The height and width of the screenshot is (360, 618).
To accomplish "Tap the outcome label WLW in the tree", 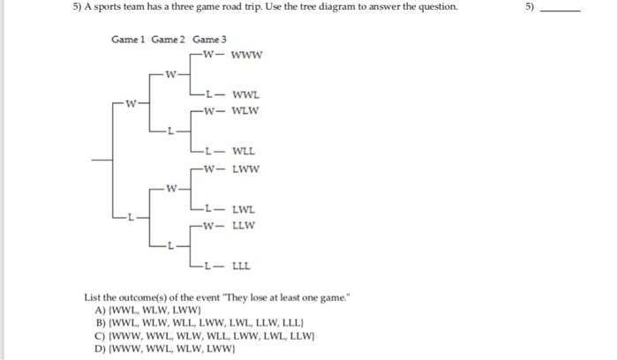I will tap(246, 110).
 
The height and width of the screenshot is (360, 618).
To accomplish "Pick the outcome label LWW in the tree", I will tap(246, 169).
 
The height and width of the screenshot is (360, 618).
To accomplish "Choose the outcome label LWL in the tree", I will tap(245, 208).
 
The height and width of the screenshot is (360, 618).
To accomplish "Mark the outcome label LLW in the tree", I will tap(245, 226).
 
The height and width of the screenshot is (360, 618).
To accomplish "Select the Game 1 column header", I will tap(130, 40).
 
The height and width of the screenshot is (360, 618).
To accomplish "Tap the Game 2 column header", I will tap(170, 40).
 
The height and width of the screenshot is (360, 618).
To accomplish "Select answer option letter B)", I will tap(100, 323).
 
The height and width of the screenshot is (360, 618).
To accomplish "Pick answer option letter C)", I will tap(100, 335).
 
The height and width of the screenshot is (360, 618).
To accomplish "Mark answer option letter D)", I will tap(100, 348).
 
